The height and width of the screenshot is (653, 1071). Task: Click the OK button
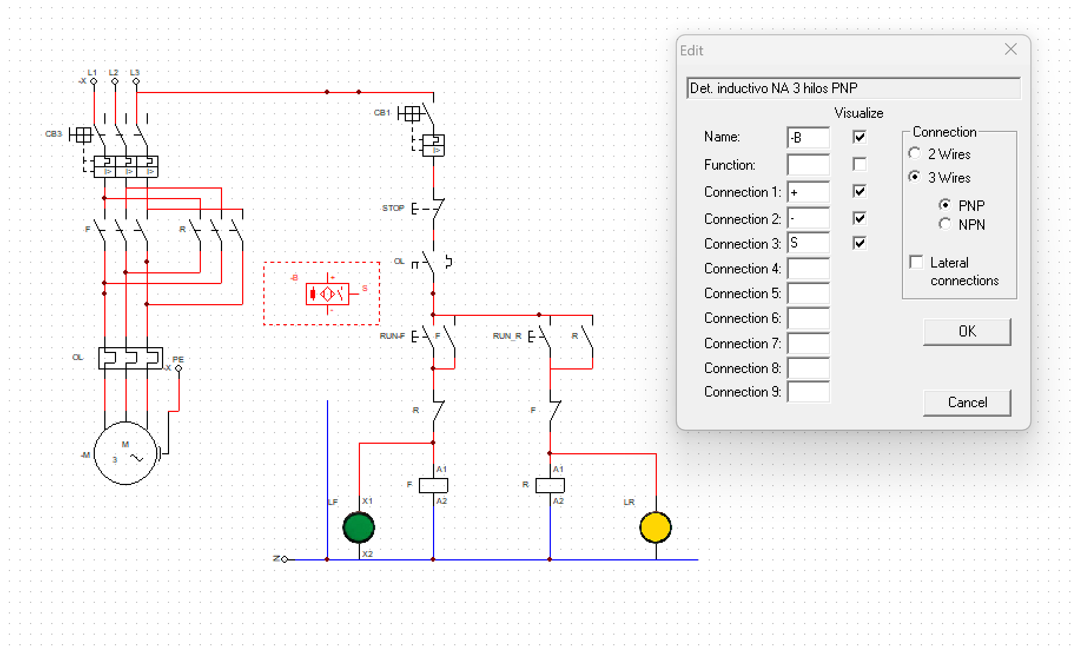967,332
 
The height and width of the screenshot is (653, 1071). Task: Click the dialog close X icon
1011,50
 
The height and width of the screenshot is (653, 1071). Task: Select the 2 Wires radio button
915,154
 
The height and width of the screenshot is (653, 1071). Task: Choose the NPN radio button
945,225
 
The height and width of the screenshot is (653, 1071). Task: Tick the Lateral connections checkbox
917,262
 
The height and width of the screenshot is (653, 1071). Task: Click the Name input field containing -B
808,137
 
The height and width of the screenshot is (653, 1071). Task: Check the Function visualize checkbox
860,164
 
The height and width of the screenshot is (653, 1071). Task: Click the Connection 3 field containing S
808,243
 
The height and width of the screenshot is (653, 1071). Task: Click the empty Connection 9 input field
808,392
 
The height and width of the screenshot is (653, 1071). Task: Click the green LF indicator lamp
359,527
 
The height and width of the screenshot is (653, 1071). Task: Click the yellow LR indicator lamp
656,527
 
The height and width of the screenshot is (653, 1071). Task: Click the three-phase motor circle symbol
125,453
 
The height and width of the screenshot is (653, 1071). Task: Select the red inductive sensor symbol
328,293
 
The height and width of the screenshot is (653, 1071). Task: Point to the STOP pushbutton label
393,208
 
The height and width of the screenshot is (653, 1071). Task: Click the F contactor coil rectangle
434,485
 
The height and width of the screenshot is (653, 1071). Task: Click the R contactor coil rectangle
550,485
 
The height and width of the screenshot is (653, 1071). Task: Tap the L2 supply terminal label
113,72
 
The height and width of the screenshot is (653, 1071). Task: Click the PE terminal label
178,359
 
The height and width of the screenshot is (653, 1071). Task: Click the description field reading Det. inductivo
853,88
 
